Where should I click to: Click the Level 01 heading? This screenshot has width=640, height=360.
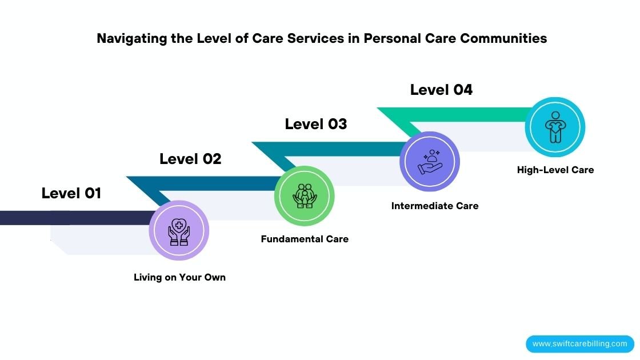[x=71, y=193]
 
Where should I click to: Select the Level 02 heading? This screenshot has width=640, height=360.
[x=190, y=159]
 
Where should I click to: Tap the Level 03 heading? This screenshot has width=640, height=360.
[x=316, y=124]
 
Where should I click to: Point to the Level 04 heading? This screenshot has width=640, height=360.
[x=441, y=90]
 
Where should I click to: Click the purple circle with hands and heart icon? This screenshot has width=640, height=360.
[x=179, y=230]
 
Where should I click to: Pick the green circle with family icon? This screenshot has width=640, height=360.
[x=305, y=196]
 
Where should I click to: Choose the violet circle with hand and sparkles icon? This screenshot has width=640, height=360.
[x=430, y=162]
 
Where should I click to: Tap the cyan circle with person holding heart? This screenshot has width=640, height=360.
[x=555, y=127]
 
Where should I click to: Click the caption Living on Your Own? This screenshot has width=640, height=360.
[x=179, y=277]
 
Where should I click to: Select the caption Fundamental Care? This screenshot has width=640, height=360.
[x=305, y=239]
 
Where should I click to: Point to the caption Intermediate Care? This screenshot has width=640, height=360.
[x=435, y=206]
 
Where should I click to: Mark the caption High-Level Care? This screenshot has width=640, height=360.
[x=555, y=170]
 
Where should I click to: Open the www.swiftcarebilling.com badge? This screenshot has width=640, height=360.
[x=580, y=344]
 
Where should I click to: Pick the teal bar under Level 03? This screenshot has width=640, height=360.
[x=343, y=149]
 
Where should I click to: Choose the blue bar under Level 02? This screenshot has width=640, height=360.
[x=217, y=183]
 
